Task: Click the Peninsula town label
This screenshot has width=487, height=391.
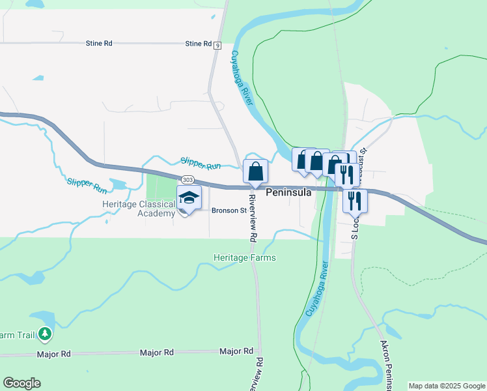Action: pos(288,193)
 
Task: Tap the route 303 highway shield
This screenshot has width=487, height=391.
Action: pos(188,180)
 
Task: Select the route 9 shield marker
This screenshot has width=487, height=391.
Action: pos(217,44)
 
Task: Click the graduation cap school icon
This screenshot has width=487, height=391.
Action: pos(189,197)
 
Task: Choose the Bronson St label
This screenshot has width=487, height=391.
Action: pos(229,210)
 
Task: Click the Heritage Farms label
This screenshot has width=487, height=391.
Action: pos(245,257)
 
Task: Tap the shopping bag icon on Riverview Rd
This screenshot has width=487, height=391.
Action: pos(255,171)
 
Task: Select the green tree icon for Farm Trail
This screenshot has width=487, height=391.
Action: pos(45,334)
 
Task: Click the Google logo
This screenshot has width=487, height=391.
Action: pos(21,383)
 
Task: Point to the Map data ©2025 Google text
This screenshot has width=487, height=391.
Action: pos(447,386)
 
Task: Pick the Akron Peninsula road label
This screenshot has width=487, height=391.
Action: pos(386,365)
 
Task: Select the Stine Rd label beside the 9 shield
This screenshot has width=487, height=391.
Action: pos(198,44)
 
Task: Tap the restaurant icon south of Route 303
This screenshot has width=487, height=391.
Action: pos(354,200)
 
